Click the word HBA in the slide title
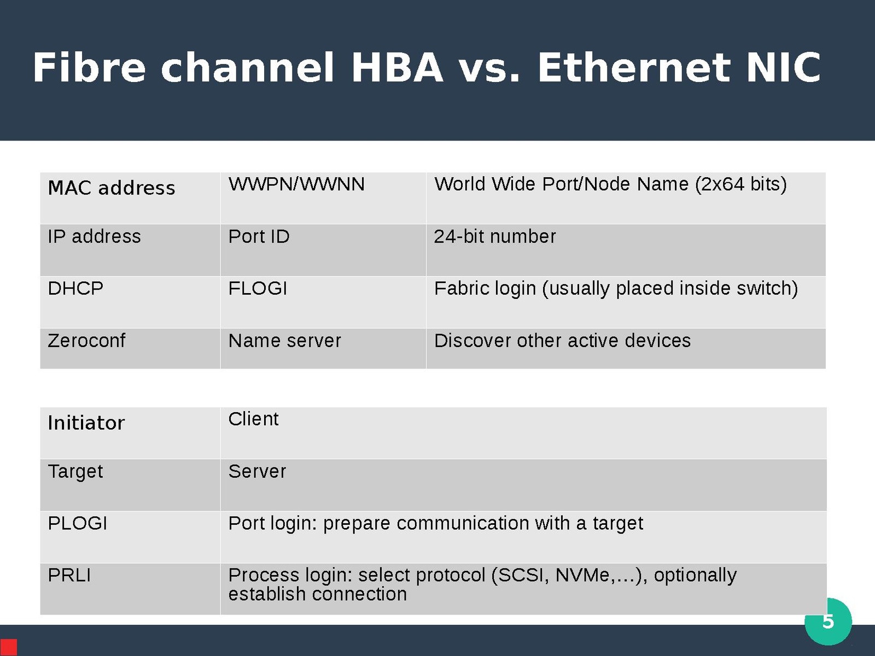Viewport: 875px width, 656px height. [x=396, y=67]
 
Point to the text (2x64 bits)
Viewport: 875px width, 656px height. [x=741, y=185]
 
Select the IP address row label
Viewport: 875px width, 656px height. [x=94, y=236]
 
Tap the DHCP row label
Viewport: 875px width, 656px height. [x=75, y=288]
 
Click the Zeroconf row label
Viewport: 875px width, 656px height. [x=86, y=341]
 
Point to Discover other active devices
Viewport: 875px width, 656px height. [x=562, y=341]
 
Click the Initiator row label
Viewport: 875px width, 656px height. [x=86, y=423]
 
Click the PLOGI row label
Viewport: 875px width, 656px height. [x=77, y=523]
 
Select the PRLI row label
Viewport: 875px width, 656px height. [x=69, y=575]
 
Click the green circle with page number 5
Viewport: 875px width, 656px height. [x=829, y=622]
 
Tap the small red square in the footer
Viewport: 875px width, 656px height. [x=8, y=647]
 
